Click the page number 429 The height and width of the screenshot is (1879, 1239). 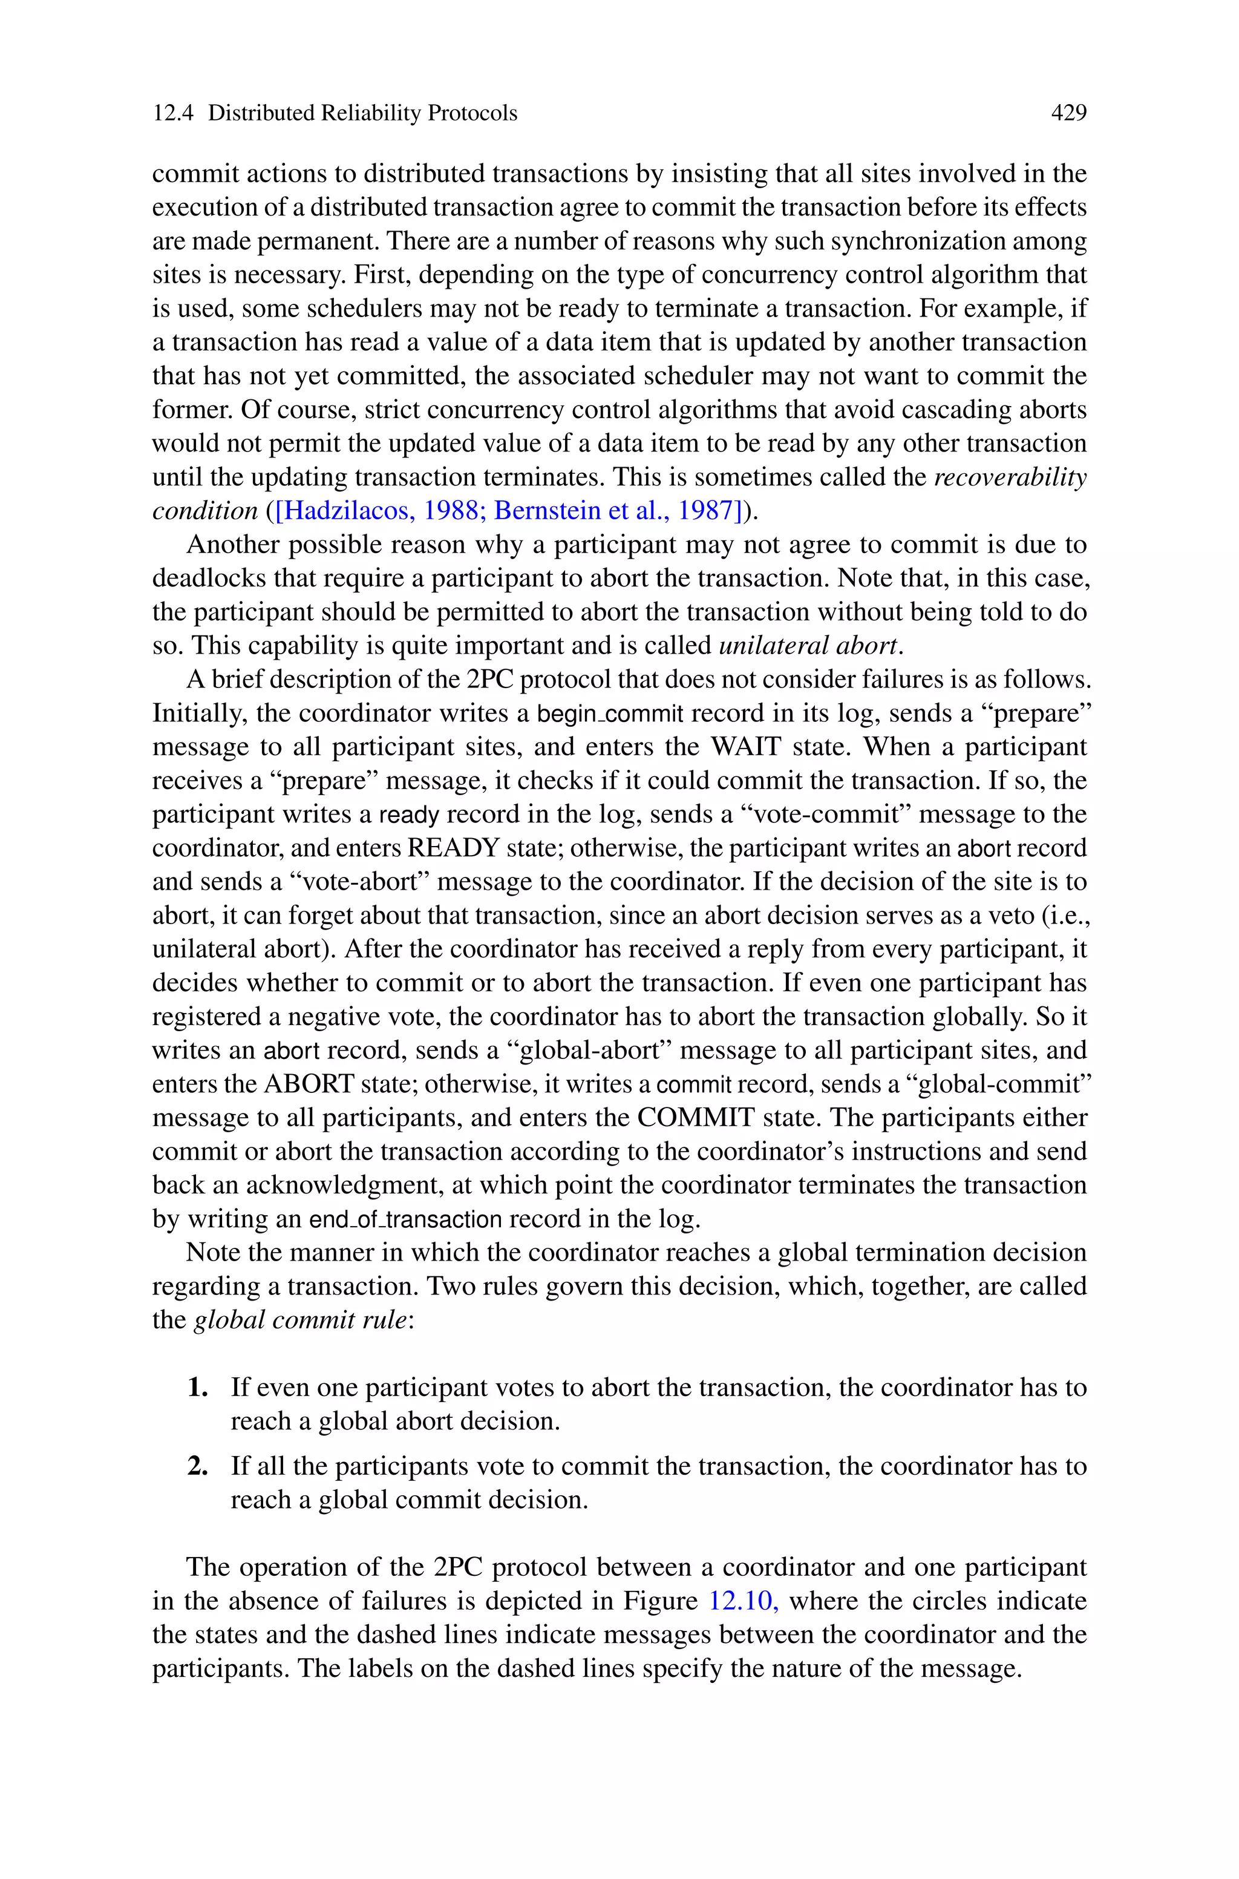click(x=1068, y=113)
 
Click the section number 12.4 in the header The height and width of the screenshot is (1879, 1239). click(x=172, y=113)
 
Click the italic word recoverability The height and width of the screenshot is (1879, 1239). click(x=1010, y=477)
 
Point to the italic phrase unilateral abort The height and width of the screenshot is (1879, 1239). click(x=808, y=646)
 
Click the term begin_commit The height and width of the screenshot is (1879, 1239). click(x=610, y=713)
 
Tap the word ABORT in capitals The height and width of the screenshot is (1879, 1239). click(x=309, y=1083)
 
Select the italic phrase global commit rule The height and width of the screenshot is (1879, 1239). click(x=299, y=1320)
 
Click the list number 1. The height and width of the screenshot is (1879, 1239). click(x=197, y=1388)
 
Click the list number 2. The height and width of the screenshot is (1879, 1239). click(x=197, y=1466)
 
